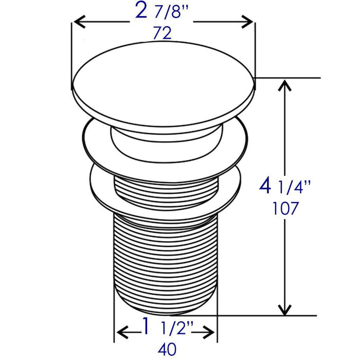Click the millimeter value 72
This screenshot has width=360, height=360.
[x=162, y=33]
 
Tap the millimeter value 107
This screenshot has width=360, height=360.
[x=285, y=208]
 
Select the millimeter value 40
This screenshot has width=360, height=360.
[x=167, y=349]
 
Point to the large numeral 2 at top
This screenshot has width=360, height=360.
[x=141, y=10]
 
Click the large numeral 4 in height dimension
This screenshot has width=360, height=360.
[x=265, y=186]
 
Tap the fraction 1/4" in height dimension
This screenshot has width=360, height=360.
[x=294, y=187]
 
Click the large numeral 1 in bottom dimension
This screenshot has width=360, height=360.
[x=146, y=326]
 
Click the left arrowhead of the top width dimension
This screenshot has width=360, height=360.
[x=79, y=22]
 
